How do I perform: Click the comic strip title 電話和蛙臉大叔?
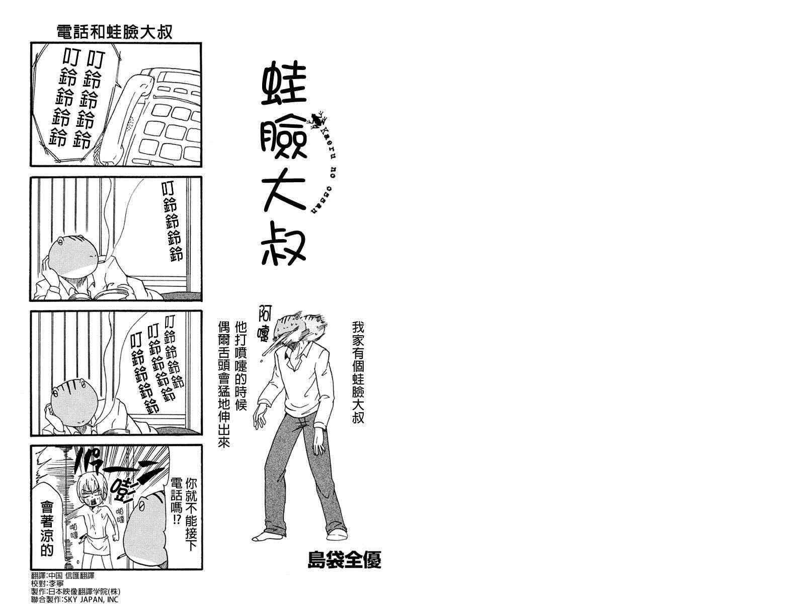point(114,32)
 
